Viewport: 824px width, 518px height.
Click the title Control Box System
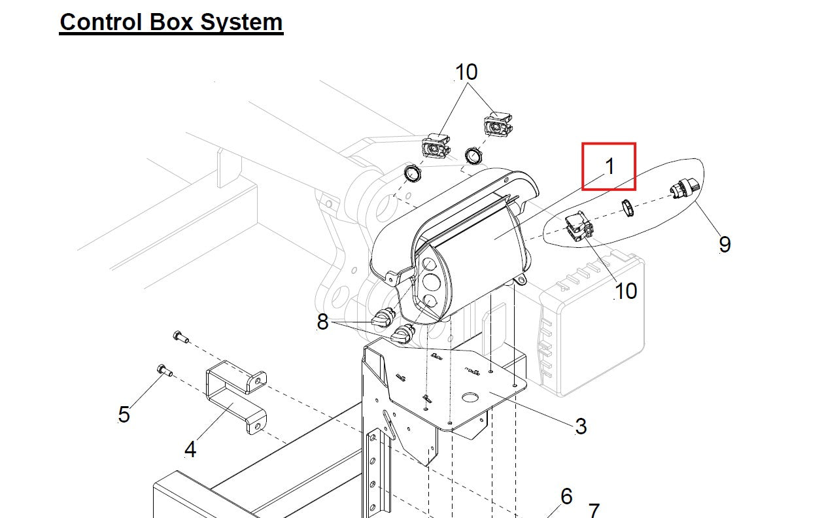pyautogui.click(x=171, y=22)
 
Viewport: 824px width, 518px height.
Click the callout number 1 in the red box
pyautogui.click(x=609, y=166)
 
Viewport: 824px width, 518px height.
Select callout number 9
pyautogui.click(x=725, y=244)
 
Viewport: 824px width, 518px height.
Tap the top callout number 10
pyautogui.click(x=466, y=72)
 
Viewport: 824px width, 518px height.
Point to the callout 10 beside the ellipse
pyautogui.click(x=626, y=290)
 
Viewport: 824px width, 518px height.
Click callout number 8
pyautogui.click(x=322, y=322)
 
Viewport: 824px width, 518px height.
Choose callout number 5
pyautogui.click(x=124, y=414)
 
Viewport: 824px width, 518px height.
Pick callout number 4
pyautogui.click(x=190, y=449)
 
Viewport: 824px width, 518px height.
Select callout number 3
pyautogui.click(x=581, y=426)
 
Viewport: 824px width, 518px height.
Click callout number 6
pyautogui.click(x=566, y=496)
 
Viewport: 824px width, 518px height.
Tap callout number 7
pyautogui.click(x=594, y=509)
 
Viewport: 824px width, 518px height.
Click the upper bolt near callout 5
pyautogui.click(x=180, y=337)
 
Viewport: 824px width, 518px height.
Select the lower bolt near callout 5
pyautogui.click(x=164, y=371)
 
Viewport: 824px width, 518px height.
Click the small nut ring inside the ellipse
pyautogui.click(x=627, y=209)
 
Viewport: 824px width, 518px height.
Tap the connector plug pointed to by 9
pyautogui.click(x=684, y=188)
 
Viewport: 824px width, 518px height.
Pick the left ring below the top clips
pyautogui.click(x=413, y=174)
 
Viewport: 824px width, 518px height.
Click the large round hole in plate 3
pyautogui.click(x=471, y=397)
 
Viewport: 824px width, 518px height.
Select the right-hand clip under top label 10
pyautogui.click(x=496, y=124)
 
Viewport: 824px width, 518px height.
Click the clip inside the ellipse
pyautogui.click(x=579, y=228)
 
